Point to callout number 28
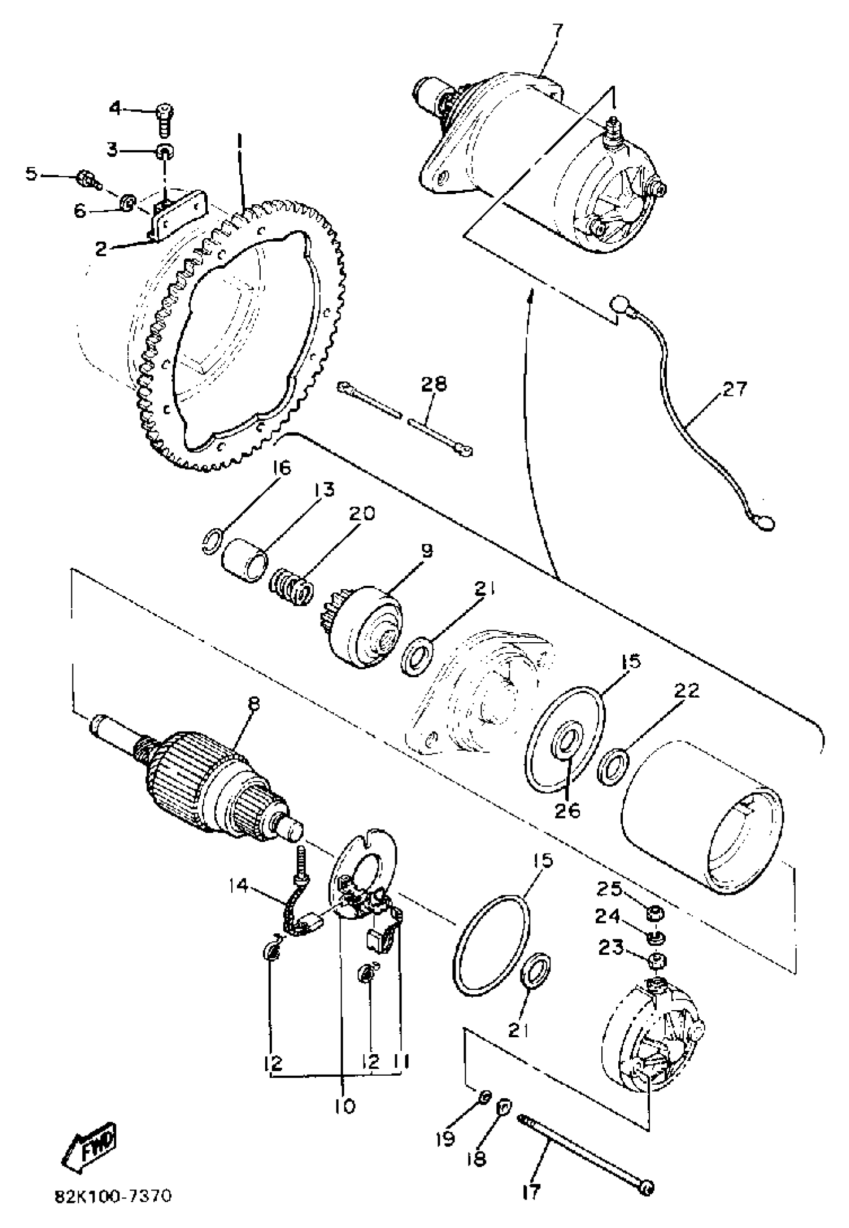pyautogui.click(x=434, y=385)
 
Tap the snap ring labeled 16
pyautogui.click(x=210, y=542)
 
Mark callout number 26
pyautogui.click(x=567, y=811)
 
